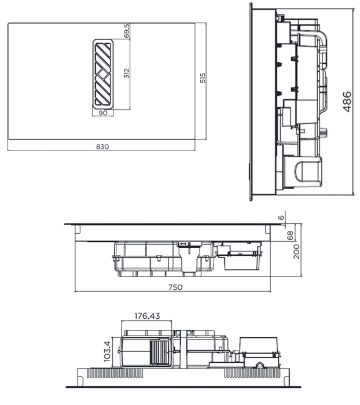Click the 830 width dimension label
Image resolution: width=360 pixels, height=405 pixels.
(102, 146)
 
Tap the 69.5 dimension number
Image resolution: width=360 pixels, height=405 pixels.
(127, 31)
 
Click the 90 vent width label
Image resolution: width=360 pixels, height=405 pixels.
(103, 113)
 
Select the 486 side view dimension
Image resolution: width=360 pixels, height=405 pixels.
(347, 102)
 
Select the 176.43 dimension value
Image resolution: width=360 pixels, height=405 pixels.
(147, 316)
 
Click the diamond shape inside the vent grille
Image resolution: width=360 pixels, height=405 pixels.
(102, 74)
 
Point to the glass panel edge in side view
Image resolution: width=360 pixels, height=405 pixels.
(251, 102)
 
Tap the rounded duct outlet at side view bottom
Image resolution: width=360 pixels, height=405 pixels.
(306, 171)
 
